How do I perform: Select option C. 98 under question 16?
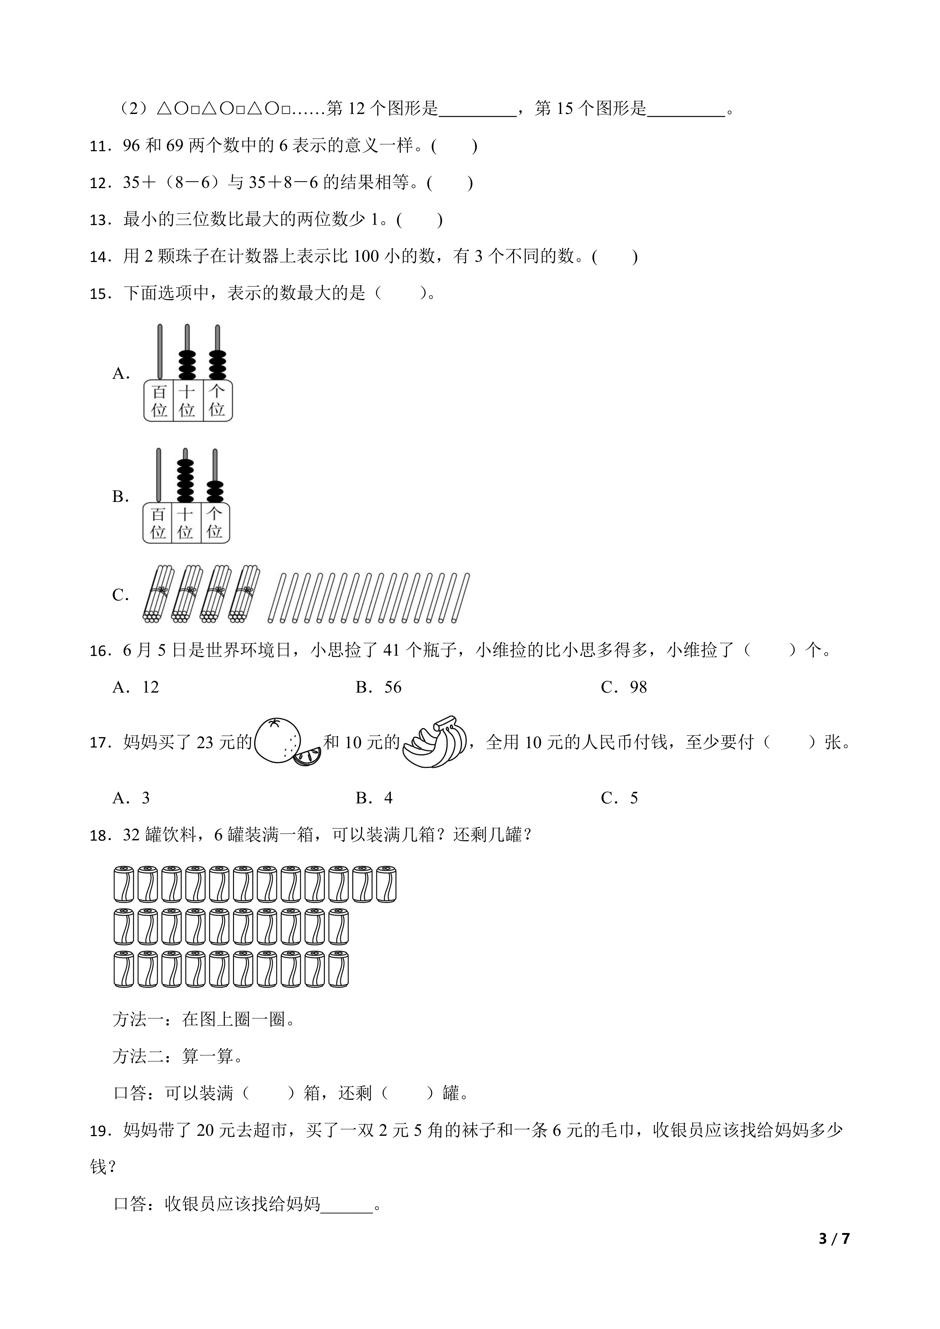point(624,687)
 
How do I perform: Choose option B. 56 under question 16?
point(379,687)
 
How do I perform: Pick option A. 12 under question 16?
point(135,687)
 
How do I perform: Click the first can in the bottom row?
point(124,969)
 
